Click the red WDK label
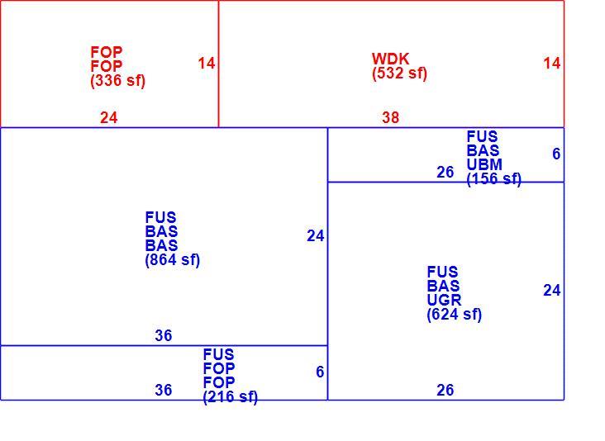click(x=390, y=59)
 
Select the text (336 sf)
click(x=117, y=81)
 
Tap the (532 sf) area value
click(x=399, y=73)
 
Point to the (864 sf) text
click(x=173, y=260)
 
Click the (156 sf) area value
click(x=494, y=179)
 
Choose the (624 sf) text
click(x=454, y=314)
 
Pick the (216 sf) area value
click(x=231, y=396)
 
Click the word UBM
click(x=484, y=164)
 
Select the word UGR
click(x=444, y=300)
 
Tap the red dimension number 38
click(x=390, y=117)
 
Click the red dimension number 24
click(x=109, y=117)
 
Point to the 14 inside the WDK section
click(x=552, y=64)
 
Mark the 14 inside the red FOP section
click(x=207, y=64)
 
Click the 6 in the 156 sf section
click(x=556, y=154)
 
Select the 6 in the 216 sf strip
click(x=320, y=372)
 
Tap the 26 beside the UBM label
click(x=445, y=173)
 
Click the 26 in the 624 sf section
click(x=445, y=390)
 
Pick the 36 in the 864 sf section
click(x=163, y=336)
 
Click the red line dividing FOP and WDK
click(x=218, y=64)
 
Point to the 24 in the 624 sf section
click(x=552, y=290)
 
